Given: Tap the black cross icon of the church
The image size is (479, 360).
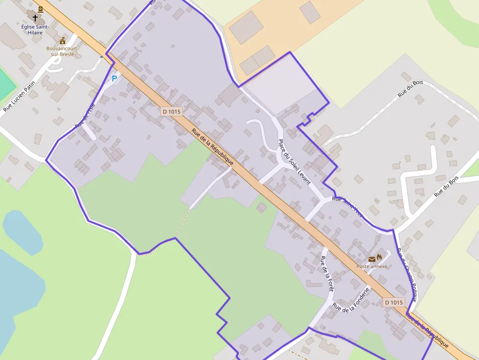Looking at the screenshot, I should [35, 18].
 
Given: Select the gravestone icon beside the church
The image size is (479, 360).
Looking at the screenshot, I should [40, 9].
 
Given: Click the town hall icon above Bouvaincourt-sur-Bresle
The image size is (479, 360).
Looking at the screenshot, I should [63, 41].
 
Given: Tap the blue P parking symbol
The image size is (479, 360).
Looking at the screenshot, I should [114, 78].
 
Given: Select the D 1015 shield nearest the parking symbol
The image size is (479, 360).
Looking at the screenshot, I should [172, 111].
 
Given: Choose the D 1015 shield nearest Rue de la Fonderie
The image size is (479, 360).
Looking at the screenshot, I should [394, 302].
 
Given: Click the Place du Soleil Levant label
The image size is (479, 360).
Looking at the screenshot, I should [294, 161].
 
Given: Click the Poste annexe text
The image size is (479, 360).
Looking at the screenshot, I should [371, 266].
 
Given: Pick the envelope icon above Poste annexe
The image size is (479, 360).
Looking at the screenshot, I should [372, 258].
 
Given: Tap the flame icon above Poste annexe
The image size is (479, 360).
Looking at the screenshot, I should [379, 257].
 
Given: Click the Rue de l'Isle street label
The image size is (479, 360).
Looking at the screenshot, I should [85, 116].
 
